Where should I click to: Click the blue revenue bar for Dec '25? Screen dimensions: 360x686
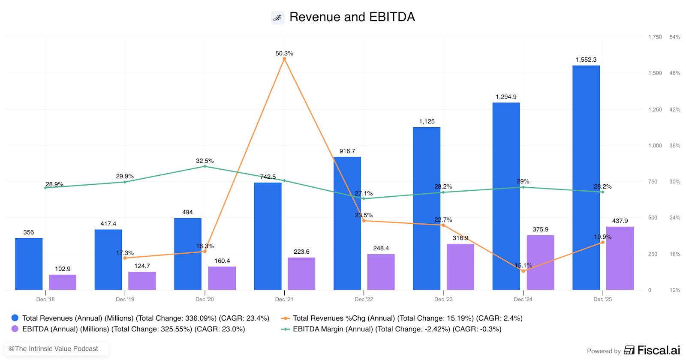[586, 177]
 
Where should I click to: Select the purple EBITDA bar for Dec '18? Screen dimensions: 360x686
[63, 282]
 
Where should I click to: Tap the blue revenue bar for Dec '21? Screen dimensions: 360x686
[268, 236]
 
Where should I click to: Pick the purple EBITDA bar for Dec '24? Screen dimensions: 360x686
[540, 262]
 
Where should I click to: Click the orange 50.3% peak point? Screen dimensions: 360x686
[284, 59]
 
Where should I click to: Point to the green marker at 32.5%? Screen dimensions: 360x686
[205, 166]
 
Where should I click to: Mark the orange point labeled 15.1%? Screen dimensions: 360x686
[523, 271]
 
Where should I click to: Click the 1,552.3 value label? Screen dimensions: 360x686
[586, 60]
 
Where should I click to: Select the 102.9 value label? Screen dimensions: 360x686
[63, 269]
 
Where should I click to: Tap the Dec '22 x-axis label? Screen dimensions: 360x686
[364, 299]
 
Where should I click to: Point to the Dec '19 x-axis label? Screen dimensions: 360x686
[125, 299]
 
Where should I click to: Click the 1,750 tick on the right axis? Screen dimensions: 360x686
[655, 37]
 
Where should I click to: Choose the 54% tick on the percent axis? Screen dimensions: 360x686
[675, 37]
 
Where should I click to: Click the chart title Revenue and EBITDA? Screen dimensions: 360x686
[352, 17]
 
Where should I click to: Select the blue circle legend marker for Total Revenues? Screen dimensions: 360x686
[15, 318]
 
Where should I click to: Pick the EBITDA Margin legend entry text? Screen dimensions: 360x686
[397, 329]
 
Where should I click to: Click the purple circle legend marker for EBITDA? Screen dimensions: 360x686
[15, 329]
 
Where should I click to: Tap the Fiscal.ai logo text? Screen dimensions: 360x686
[658, 350]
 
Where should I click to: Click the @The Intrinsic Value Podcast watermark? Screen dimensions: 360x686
[53, 349]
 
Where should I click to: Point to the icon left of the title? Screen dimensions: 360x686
[278, 18]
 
